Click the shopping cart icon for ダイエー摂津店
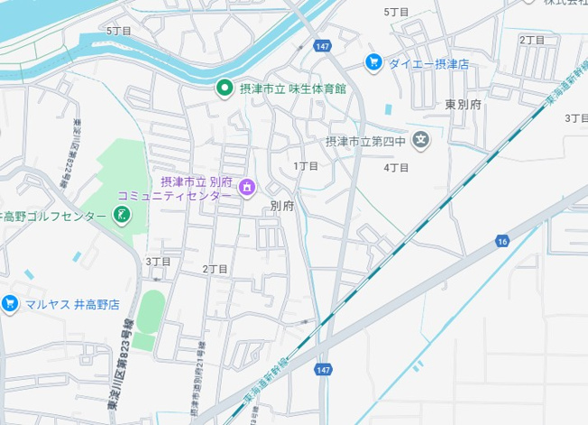pyautogui.click(x=372, y=62)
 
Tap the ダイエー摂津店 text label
pyautogui.click(x=428, y=63)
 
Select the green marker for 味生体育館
pyautogui.click(x=224, y=88)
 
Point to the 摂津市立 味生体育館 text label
pyautogui.click(x=292, y=88)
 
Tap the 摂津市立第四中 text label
pyautogui.click(x=366, y=141)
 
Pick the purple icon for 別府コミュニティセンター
pyautogui.click(x=247, y=187)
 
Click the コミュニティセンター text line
pyautogui.click(x=174, y=195)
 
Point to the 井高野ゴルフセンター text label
pyautogui.click(x=53, y=216)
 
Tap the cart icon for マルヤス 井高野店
pyautogui.click(x=10, y=303)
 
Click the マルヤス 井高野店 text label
pyautogui.click(x=71, y=304)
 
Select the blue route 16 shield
pyautogui.click(x=502, y=241)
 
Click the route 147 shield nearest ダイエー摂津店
pyautogui.click(x=322, y=45)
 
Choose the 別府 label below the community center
pyautogui.click(x=281, y=206)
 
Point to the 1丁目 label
pyautogui.click(x=306, y=166)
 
